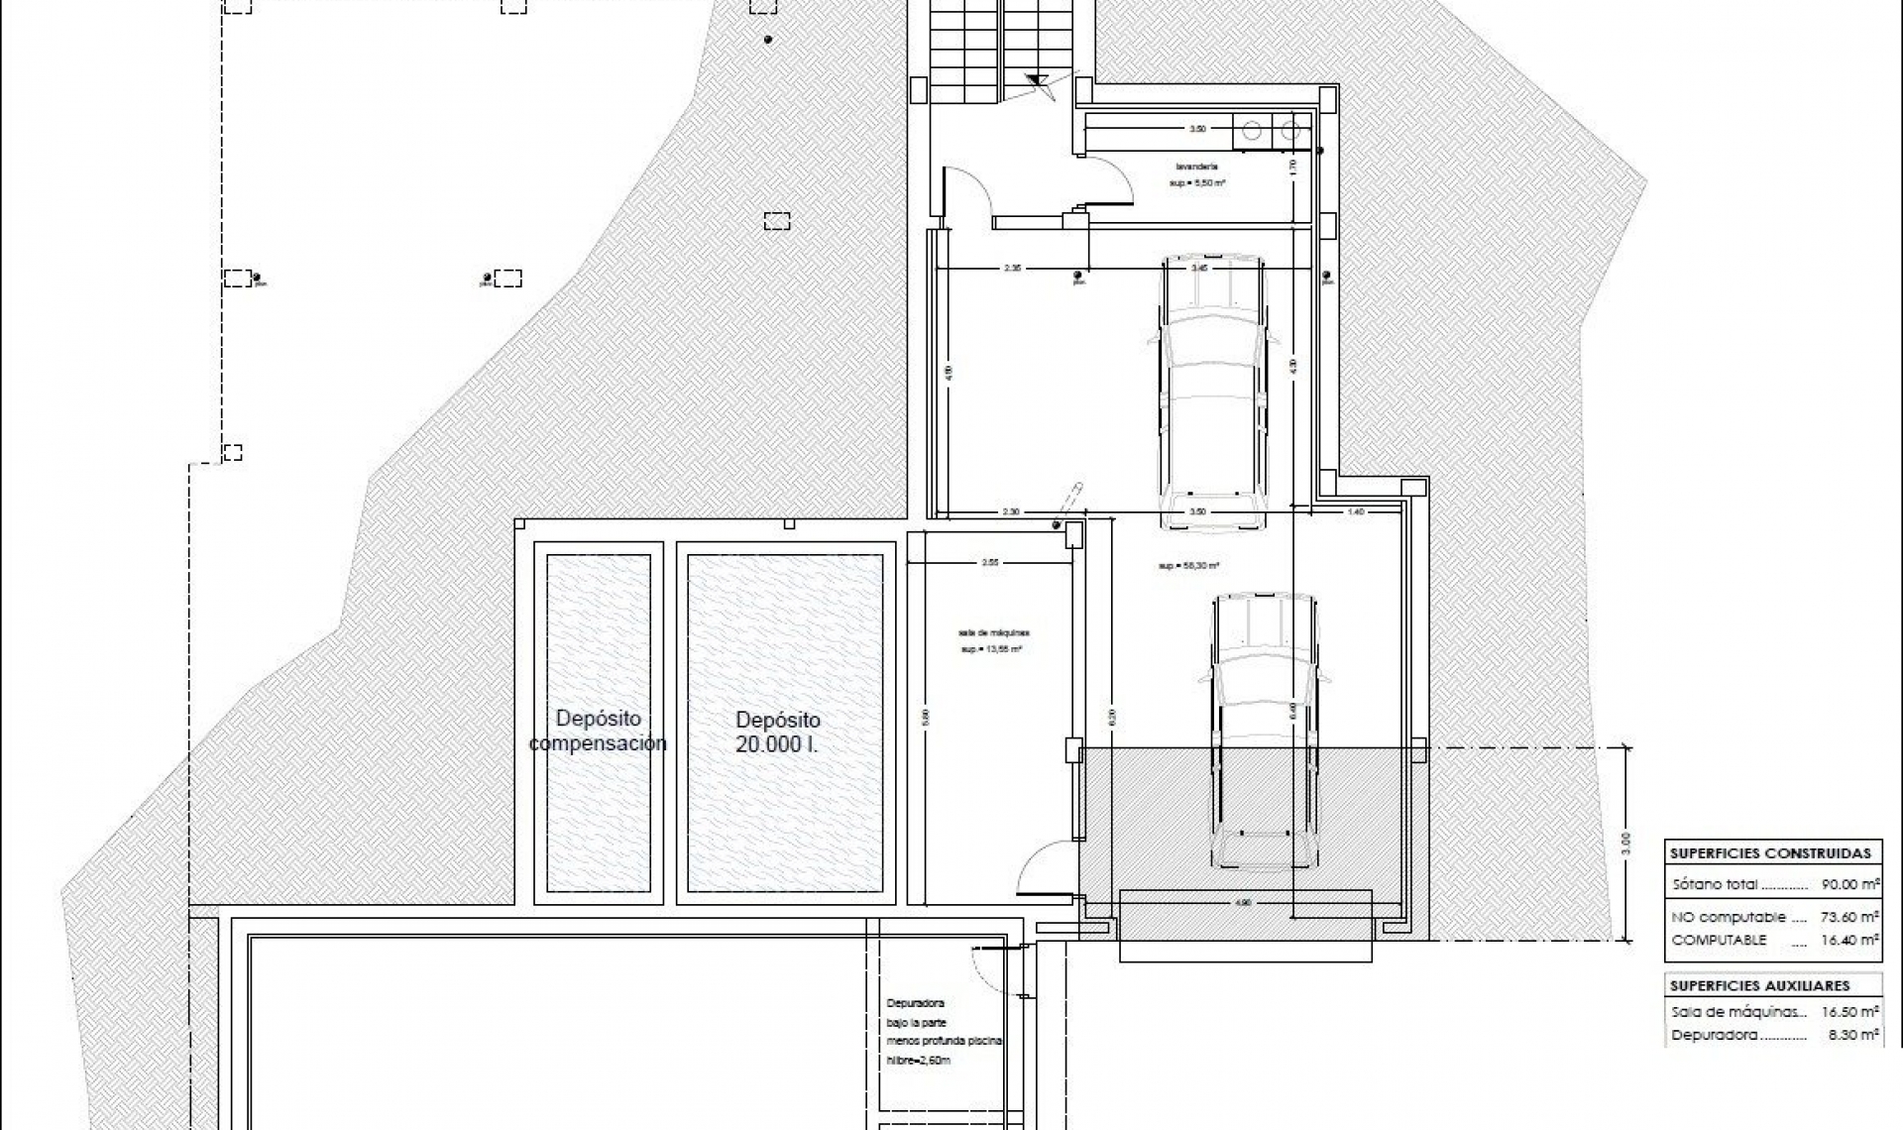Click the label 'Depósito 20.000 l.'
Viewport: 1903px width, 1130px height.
point(778,733)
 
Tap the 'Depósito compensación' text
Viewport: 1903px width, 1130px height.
point(598,731)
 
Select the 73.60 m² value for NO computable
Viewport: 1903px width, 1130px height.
point(1849,918)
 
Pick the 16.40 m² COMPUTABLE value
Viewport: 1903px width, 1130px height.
point(1849,940)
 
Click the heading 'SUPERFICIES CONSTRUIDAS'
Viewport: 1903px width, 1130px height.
point(1770,853)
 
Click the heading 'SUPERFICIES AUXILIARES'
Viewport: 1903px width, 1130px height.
point(1759,986)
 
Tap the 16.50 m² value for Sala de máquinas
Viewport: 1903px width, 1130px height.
point(1849,1012)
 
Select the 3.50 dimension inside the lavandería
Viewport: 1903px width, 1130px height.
point(1197,129)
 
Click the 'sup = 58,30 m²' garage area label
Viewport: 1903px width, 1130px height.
point(1188,566)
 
